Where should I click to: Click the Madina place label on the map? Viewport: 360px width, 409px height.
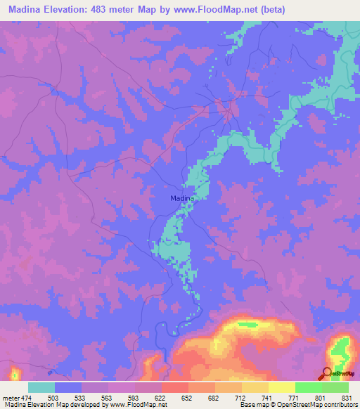(182, 198)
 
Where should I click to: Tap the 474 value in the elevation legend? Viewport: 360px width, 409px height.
(26, 397)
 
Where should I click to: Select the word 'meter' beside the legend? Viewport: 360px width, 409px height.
(11, 397)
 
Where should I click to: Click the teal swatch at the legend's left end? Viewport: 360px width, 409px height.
(41, 387)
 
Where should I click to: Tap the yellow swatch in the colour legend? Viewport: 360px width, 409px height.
(281, 387)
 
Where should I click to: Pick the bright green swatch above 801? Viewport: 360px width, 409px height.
(308, 387)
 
